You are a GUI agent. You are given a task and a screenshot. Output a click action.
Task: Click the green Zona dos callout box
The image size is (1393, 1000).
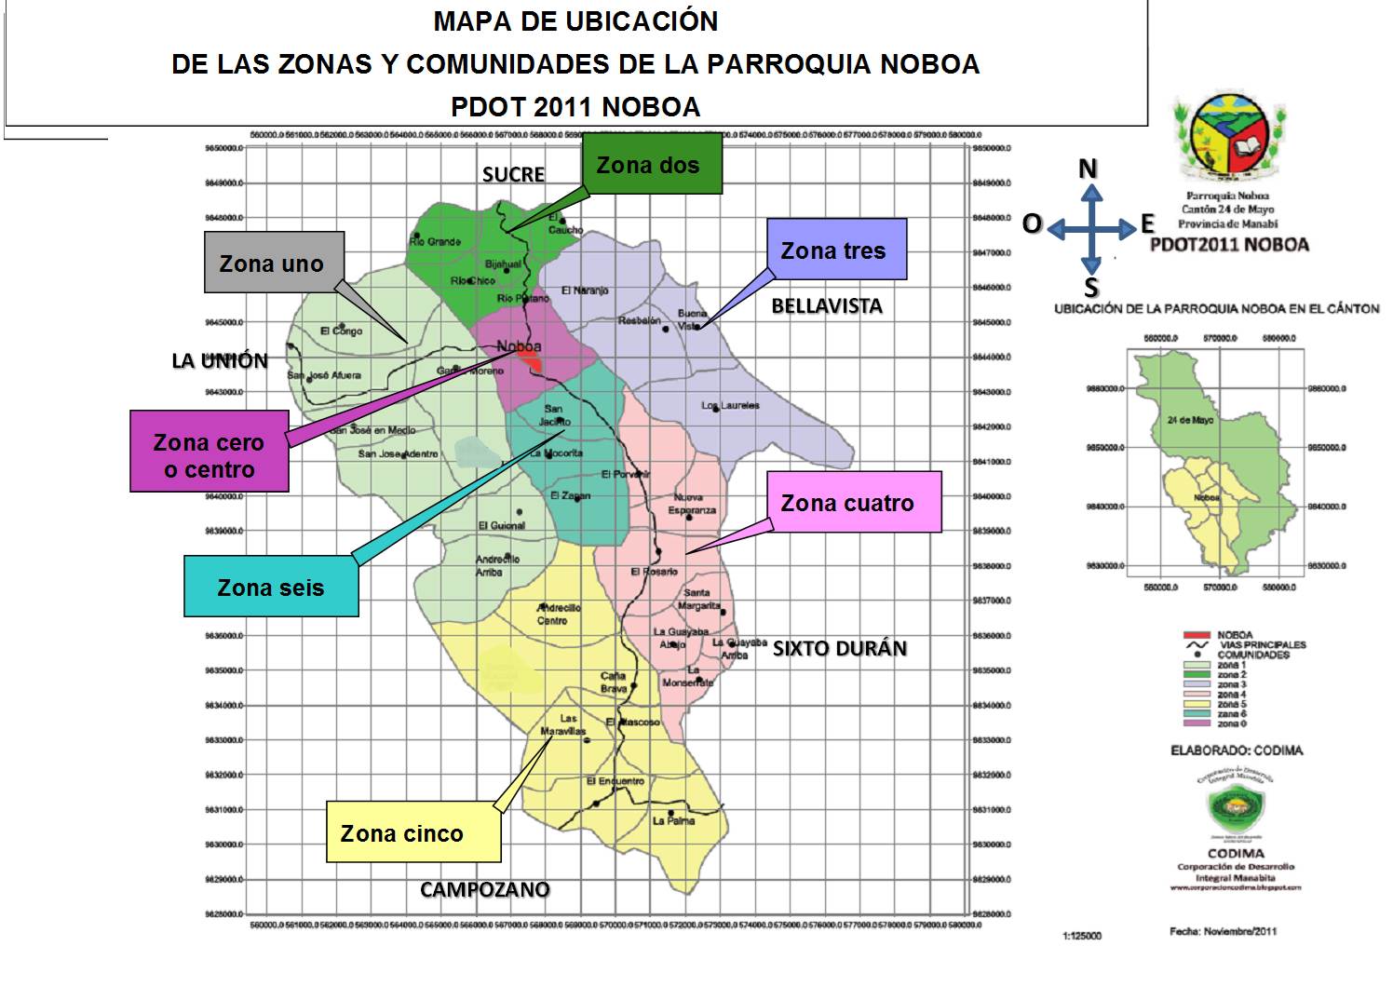click(x=652, y=165)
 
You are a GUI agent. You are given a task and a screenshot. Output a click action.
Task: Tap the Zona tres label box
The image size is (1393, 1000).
click(x=835, y=250)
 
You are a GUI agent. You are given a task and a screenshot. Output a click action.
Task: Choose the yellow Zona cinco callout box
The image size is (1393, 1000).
click(x=412, y=832)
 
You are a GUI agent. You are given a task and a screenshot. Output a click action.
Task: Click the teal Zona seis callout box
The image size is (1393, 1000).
click(x=270, y=587)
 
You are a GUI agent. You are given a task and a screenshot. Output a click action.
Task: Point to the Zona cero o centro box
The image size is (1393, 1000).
click(x=209, y=455)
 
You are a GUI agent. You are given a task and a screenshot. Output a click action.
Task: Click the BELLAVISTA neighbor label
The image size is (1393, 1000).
click(x=827, y=306)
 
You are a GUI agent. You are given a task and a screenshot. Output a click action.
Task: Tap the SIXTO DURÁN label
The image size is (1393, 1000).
click(x=840, y=649)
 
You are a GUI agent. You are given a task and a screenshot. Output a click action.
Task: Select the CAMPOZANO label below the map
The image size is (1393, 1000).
click(x=484, y=890)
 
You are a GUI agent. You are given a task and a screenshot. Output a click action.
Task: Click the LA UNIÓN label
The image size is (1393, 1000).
click(x=220, y=361)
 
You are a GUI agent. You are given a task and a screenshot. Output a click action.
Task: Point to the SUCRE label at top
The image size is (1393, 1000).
click(x=513, y=175)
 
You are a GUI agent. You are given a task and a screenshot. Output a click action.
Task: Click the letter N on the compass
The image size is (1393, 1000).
click(x=1088, y=169)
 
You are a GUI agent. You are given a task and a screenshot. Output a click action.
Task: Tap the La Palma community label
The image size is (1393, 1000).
click(x=674, y=820)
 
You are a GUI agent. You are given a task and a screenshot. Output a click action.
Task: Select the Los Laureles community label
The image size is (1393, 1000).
click(x=731, y=406)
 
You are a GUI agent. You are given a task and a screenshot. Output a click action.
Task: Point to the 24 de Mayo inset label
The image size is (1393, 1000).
click(x=1190, y=420)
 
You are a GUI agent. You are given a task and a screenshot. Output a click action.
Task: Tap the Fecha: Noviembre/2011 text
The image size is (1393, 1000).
click(x=1223, y=931)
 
